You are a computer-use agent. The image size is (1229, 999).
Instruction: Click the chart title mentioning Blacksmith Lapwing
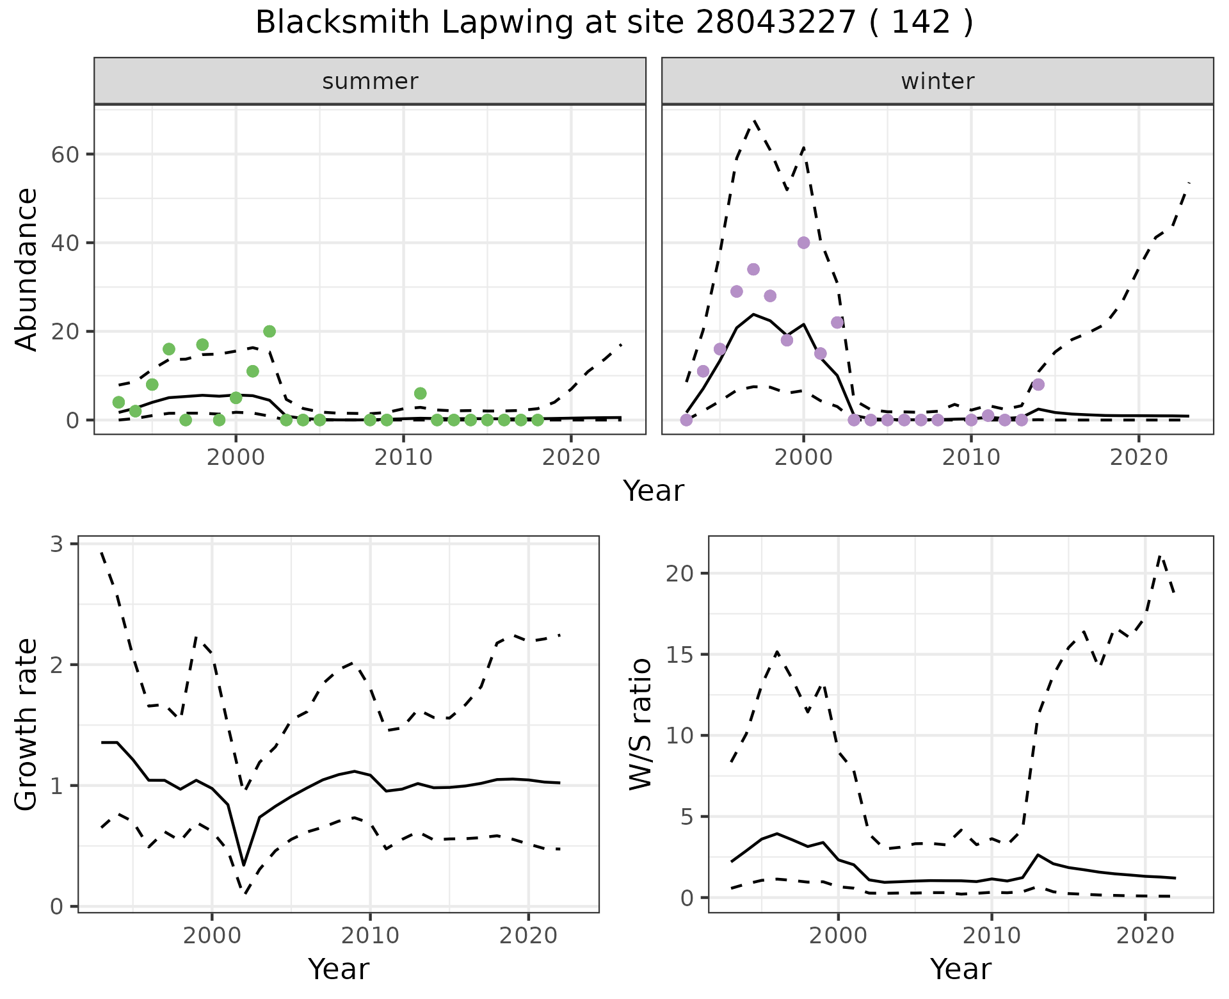click(614, 23)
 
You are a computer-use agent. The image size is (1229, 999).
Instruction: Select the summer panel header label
click(370, 81)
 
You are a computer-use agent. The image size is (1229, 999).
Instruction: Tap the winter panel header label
click(937, 81)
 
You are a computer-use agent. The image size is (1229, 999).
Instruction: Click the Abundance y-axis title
click(27, 270)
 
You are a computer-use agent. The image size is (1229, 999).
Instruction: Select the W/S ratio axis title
click(641, 724)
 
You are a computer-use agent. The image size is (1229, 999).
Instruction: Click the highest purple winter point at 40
click(804, 243)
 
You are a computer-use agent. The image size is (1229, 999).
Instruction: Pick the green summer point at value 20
click(269, 331)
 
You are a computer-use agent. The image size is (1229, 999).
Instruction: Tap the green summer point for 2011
click(420, 393)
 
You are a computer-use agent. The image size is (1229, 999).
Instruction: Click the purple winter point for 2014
click(1038, 384)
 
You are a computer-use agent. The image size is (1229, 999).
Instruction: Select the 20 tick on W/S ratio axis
click(680, 573)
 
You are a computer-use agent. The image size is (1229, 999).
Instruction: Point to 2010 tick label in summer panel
click(403, 457)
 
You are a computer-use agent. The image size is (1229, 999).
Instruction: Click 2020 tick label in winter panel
click(1139, 457)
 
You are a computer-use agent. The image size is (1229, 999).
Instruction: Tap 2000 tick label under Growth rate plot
click(212, 936)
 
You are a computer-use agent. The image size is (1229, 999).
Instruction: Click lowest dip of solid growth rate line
click(244, 865)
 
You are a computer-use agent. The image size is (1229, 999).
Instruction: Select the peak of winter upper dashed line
click(755, 120)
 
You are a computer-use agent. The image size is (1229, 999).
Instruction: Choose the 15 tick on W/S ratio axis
click(680, 654)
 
